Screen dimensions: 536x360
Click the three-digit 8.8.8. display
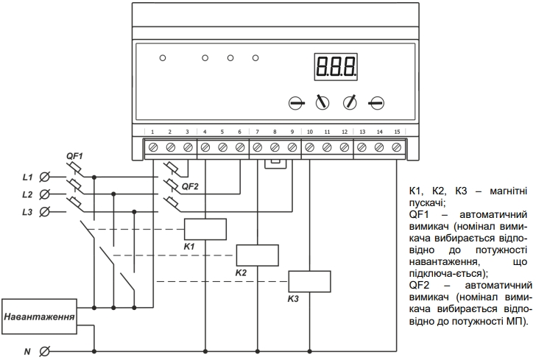[x=336, y=67]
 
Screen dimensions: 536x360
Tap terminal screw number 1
[x=153, y=147]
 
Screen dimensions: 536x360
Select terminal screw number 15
[x=397, y=147]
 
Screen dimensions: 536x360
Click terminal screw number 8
[x=275, y=147]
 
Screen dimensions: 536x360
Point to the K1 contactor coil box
[x=205, y=229]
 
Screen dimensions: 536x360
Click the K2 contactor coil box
[x=258, y=255]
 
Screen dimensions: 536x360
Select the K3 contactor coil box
[x=309, y=281]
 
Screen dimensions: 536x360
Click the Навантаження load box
[x=39, y=317]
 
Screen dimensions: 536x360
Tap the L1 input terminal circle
[x=44, y=177]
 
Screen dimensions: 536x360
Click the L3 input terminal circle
[x=44, y=212]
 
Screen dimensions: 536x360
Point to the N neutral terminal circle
[x=44, y=351]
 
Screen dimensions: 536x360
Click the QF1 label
[x=74, y=156]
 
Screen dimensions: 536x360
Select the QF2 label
[x=190, y=187]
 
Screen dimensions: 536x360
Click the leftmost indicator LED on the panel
[x=163, y=58]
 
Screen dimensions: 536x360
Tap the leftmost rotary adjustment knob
[x=296, y=103]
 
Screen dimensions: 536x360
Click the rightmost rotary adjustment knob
[x=377, y=103]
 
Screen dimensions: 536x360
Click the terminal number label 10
[x=310, y=132]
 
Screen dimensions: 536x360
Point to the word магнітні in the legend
[x=508, y=191]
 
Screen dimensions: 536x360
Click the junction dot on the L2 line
[x=113, y=194]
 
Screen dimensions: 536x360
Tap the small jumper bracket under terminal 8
[x=275, y=163]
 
